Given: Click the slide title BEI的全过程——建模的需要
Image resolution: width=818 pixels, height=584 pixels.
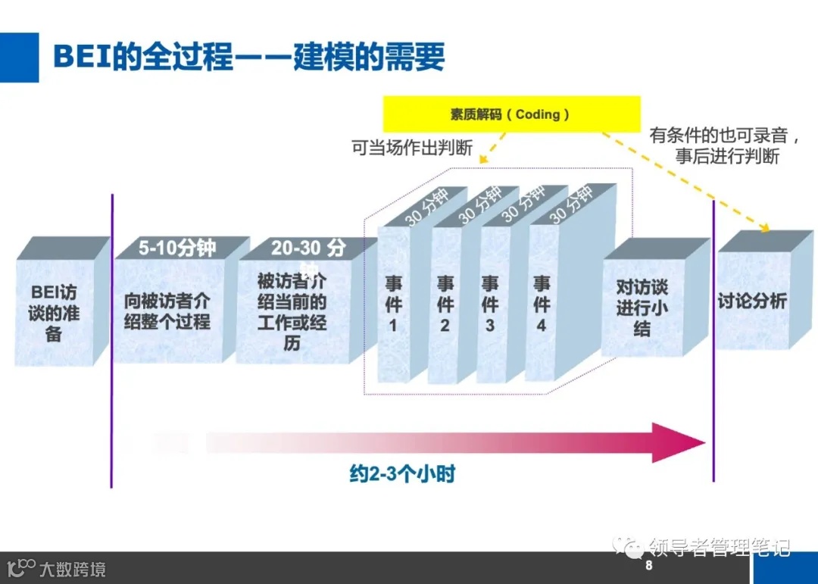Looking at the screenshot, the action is pyautogui.click(x=248, y=57).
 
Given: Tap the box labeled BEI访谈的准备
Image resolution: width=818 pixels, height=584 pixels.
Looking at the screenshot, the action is pyautogui.click(x=54, y=312).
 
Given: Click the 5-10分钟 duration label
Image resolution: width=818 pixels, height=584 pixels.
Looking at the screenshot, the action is pyautogui.click(x=177, y=248).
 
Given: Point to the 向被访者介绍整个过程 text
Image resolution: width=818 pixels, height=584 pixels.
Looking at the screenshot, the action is pyautogui.click(x=167, y=311).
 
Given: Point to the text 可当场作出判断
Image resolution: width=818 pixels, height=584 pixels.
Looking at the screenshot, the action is pyautogui.click(x=412, y=148).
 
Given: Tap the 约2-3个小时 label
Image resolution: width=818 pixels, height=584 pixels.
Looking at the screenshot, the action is pyautogui.click(x=402, y=475).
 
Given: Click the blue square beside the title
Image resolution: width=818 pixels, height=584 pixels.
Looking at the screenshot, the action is pyautogui.click(x=19, y=57).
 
